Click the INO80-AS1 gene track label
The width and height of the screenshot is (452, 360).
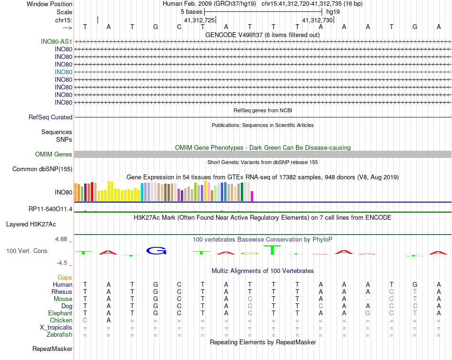click(57, 41)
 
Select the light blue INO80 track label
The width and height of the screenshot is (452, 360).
click(63, 72)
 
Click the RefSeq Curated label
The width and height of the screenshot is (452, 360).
click(50, 117)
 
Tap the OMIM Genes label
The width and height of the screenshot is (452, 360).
click(54, 154)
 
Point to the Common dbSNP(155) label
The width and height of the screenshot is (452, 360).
click(42, 169)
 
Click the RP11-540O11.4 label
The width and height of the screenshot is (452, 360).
click(50, 209)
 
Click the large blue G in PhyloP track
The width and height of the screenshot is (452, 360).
click(155, 251)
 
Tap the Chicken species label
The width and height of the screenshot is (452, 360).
click(61, 321)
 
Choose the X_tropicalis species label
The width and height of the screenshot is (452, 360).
click(56, 328)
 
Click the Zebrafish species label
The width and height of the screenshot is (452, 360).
click(59, 335)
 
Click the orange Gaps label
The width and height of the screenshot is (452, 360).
click(65, 277)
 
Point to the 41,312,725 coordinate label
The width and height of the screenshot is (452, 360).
click(199, 20)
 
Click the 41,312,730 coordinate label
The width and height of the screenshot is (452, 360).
click(317, 20)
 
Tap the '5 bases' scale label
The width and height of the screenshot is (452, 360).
click(191, 11)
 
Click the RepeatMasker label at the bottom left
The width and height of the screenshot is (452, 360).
click(52, 349)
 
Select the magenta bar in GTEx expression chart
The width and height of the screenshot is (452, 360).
click(252, 196)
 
